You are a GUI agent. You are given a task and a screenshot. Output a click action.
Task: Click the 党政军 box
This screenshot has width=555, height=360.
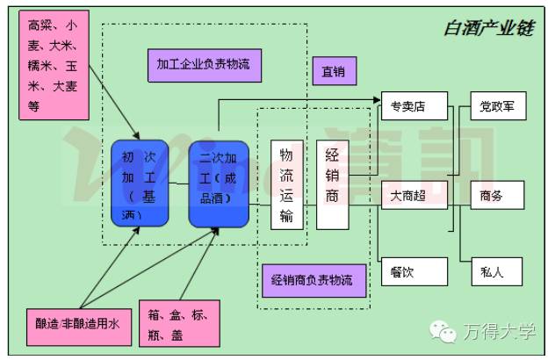pos(496,107)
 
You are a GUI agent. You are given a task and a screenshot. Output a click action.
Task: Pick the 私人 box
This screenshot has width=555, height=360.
pos(496,271)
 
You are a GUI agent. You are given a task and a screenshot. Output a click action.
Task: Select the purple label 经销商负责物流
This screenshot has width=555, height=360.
pos(313,281)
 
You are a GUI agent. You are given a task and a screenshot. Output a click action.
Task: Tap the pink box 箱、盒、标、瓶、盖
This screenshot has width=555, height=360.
pos(179,324)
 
